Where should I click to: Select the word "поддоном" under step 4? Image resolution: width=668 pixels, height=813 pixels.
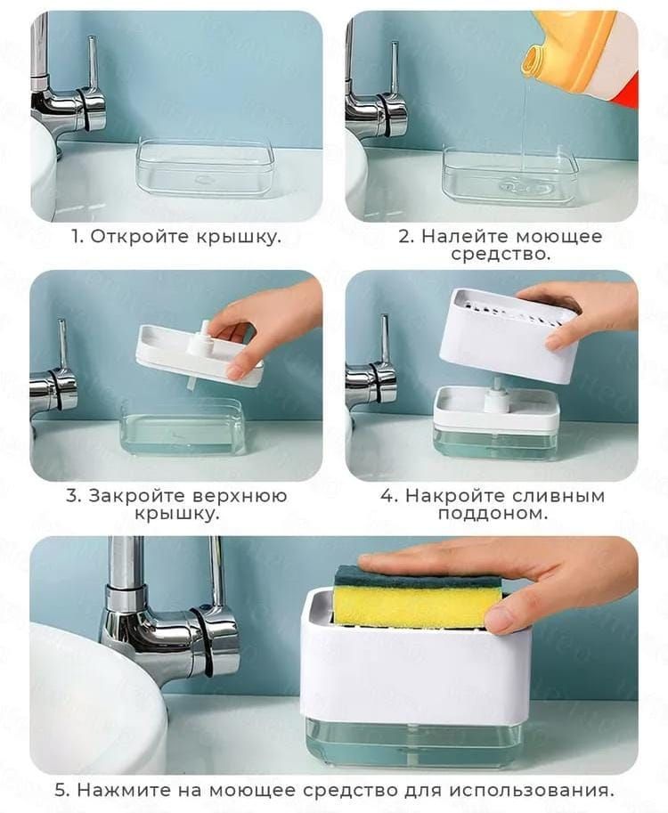tap(493, 514)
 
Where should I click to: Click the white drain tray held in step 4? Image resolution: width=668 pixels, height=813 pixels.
tap(509, 334)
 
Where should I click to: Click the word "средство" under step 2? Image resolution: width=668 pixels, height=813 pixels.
tap(500, 255)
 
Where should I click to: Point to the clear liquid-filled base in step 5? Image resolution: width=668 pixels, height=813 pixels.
tap(412, 742)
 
